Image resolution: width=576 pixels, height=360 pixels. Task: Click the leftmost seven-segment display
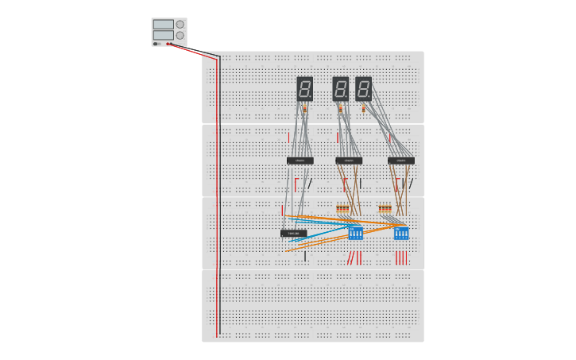[304, 88]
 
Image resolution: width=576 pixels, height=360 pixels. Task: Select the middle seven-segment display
[340, 88]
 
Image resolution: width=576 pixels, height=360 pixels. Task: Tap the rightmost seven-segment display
[363, 88]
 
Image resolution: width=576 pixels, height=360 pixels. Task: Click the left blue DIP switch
[355, 233]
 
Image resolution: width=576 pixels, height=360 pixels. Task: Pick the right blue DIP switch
[401, 233]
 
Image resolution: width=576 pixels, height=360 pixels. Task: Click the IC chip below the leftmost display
[300, 161]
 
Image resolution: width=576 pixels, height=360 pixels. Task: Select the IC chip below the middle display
[348, 161]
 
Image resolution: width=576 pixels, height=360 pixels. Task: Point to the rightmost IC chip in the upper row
[400, 161]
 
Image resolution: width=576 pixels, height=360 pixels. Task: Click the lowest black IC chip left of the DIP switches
[293, 233]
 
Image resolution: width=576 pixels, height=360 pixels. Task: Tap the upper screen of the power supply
[163, 25]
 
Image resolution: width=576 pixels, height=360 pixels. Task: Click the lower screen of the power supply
[163, 35]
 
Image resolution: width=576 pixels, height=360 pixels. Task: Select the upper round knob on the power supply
[180, 25]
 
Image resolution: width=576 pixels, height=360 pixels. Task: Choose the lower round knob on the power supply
[180, 35]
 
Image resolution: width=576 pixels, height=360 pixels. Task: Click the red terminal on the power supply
[168, 44]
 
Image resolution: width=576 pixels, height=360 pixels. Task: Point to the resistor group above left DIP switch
[342, 209]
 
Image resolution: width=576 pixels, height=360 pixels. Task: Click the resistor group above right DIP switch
[385, 209]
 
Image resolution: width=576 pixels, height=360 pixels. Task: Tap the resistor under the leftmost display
[304, 108]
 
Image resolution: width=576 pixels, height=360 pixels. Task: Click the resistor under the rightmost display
[364, 108]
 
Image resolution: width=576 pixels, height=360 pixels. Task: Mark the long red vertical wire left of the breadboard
[217, 199]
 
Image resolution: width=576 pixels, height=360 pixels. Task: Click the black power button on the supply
[156, 44]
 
